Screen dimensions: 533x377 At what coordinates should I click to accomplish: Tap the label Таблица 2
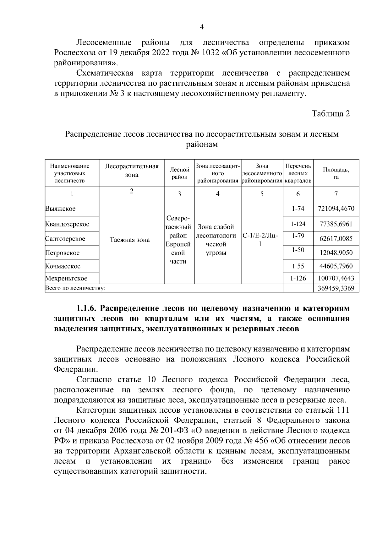(331, 114)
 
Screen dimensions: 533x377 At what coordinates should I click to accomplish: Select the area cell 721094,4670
(336, 209)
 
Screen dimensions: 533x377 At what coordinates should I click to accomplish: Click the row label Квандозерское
(67, 224)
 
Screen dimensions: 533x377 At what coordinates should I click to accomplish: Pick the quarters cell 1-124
(298, 224)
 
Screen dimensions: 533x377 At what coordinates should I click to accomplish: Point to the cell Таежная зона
(130, 240)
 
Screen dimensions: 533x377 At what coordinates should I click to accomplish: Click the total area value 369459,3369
(336, 288)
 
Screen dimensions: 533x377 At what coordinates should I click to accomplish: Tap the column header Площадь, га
(336, 173)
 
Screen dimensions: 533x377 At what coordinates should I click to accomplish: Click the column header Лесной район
(179, 173)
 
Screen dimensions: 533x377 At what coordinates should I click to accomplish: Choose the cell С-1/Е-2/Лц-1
(260, 240)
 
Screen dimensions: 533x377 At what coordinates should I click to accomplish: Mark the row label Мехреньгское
(66, 278)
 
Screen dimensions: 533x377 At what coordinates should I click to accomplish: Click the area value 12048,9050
(336, 253)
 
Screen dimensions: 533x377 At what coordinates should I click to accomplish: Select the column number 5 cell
(262, 194)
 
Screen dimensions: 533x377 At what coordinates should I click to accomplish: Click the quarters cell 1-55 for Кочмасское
(298, 266)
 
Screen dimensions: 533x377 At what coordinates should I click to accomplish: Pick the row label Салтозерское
(65, 239)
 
